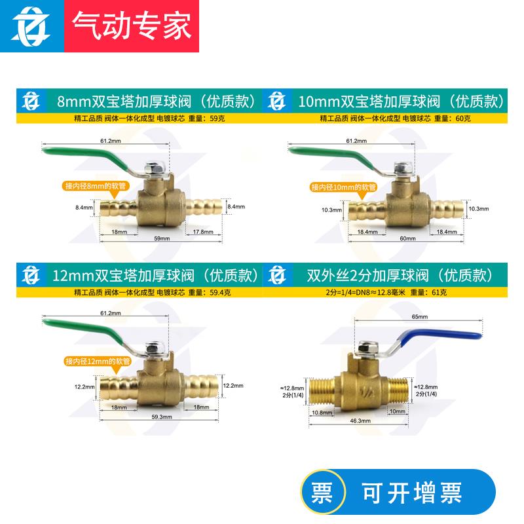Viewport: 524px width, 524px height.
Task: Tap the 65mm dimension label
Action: click(x=420, y=316)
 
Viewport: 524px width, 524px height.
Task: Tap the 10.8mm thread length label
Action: click(x=321, y=413)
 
